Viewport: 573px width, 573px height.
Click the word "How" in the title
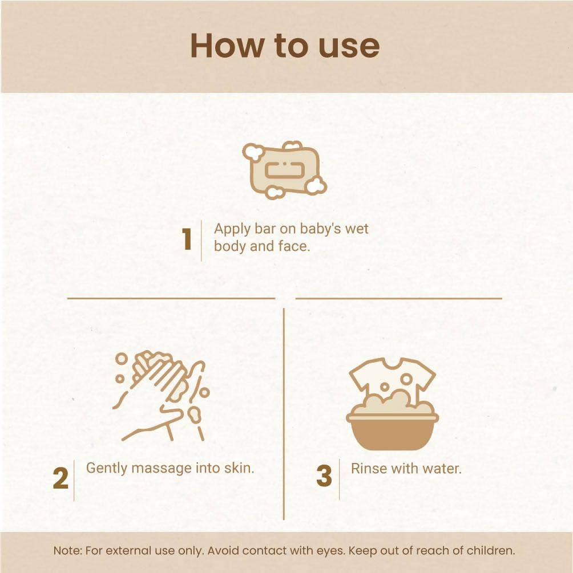[227, 46]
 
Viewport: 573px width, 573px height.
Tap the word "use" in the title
[349, 47]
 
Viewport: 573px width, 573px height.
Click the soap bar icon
[284, 169]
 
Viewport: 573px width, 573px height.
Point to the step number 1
[187, 239]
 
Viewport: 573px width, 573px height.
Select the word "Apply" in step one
[232, 230]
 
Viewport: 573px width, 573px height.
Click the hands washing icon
[162, 396]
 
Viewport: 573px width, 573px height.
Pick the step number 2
[60, 478]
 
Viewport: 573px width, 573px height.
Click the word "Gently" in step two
[107, 469]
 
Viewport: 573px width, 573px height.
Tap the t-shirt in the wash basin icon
[392, 380]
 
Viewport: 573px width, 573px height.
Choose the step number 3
[324, 476]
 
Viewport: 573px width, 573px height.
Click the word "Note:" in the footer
[68, 550]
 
